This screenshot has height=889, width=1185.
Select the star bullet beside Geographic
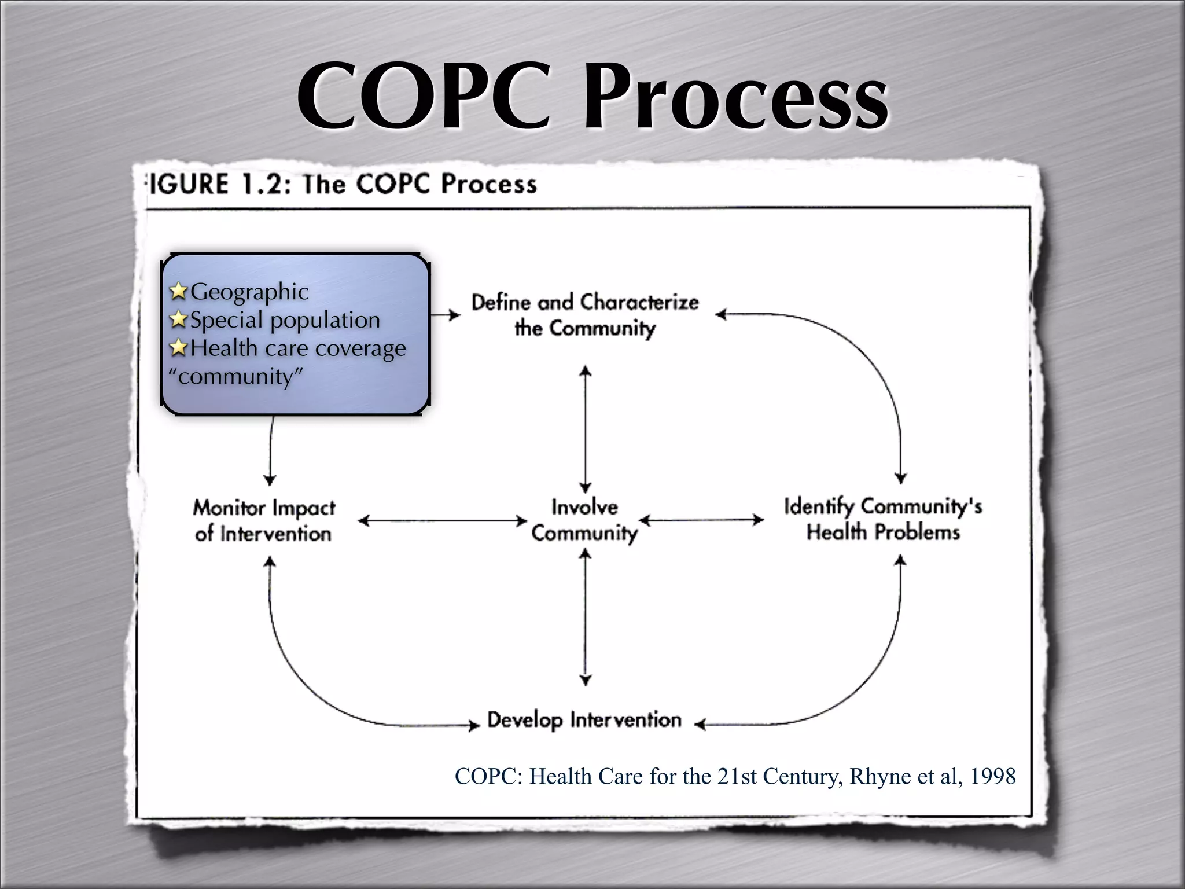(179, 291)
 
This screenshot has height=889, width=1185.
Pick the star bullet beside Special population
(179, 319)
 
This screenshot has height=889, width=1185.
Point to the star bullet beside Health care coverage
(179, 347)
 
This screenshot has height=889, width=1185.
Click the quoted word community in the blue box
(235, 376)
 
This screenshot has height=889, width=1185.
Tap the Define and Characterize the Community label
(585, 315)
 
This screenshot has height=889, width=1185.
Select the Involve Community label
(584, 520)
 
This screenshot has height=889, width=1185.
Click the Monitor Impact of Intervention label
(264, 520)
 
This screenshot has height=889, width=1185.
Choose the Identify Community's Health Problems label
(883, 519)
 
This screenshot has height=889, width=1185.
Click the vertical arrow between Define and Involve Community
(586, 428)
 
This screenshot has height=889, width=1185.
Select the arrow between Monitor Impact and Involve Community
(443, 521)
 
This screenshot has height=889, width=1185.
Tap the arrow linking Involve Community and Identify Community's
(702, 520)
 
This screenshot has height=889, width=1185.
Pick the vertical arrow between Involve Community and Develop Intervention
(586, 617)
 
